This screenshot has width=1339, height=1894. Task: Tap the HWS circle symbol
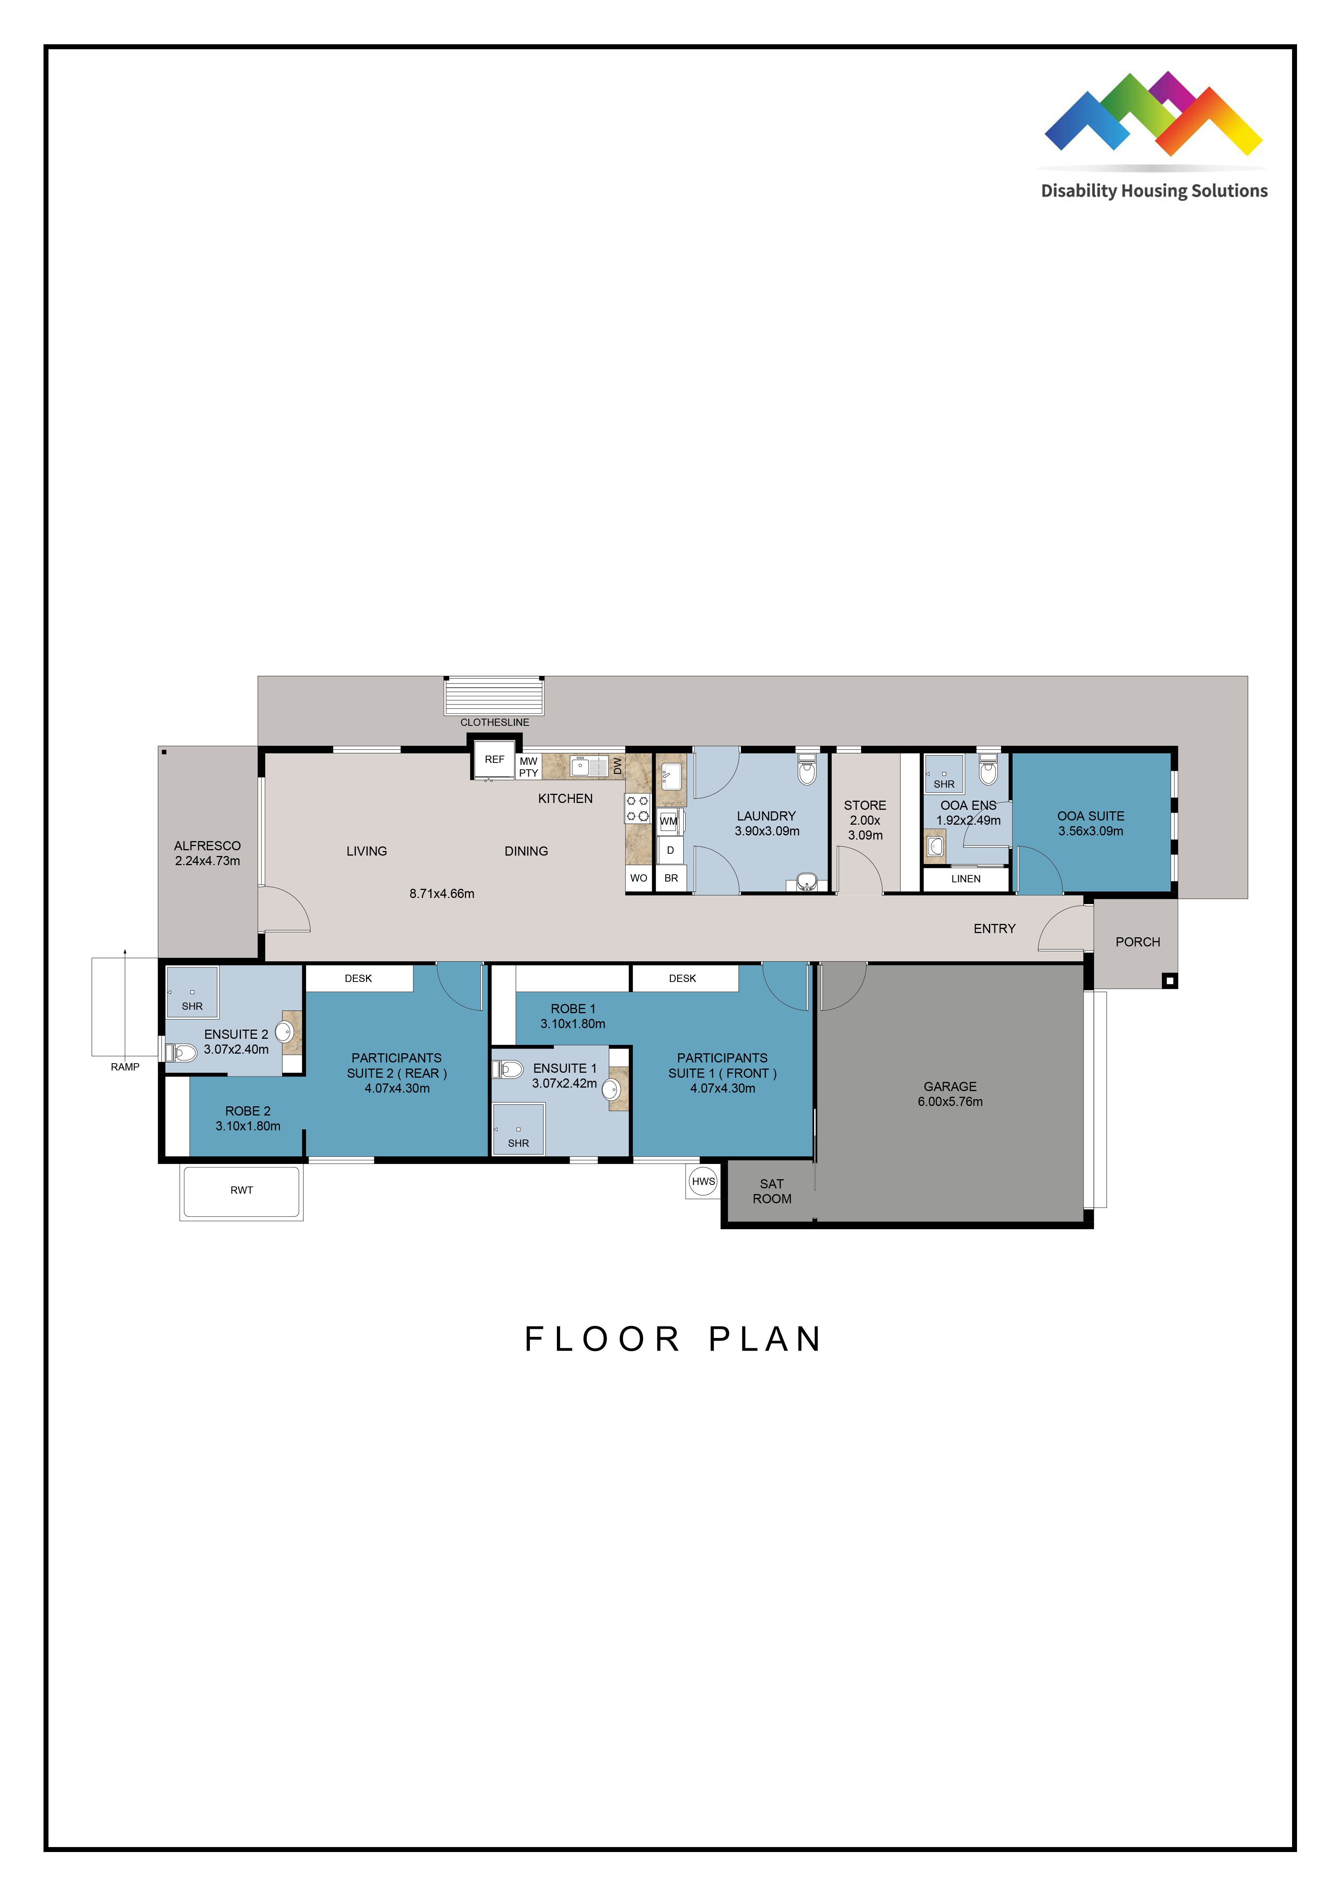click(703, 1181)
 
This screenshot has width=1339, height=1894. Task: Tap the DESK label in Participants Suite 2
click(358, 978)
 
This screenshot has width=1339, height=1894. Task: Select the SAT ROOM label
click(771, 1191)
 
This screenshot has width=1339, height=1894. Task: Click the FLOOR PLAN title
click(673, 1339)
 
